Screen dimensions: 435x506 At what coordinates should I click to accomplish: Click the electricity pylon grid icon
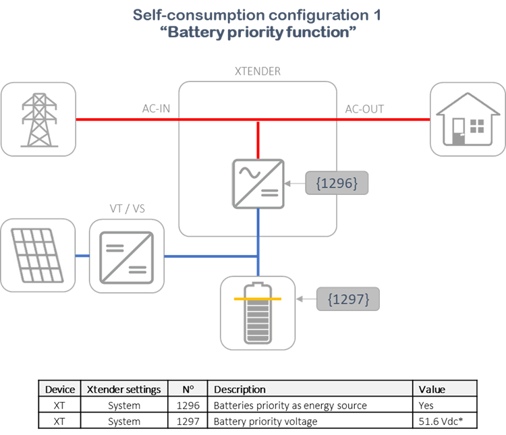[38, 119]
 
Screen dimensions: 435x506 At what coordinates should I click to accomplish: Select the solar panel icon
[38, 256]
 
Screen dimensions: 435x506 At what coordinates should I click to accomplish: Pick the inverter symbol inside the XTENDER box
[258, 183]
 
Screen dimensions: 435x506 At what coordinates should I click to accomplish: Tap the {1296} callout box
[337, 182]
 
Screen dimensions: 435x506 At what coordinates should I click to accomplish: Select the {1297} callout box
[348, 298]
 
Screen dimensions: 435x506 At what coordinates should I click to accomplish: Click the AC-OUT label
[364, 109]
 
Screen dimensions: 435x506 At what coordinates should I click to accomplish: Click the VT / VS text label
[128, 209]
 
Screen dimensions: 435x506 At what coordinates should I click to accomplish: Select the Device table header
[60, 389]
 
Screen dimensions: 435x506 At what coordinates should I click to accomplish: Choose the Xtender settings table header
[124, 389]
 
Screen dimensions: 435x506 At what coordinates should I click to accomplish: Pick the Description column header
[240, 389]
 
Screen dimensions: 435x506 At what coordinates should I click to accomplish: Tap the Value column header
[432, 389]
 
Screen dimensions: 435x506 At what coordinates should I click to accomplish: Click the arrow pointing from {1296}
[296, 183]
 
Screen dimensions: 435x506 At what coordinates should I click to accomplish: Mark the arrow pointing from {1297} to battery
[307, 298]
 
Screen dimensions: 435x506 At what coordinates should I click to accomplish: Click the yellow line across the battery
[258, 298]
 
